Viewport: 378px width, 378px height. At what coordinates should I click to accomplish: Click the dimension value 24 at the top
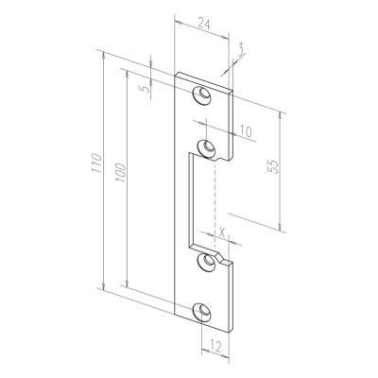tap(204, 25)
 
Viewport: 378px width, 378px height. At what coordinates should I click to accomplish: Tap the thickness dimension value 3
tap(241, 51)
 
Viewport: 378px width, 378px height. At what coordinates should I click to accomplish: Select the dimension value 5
tap(146, 89)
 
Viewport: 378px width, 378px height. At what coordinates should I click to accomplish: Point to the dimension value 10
tap(246, 131)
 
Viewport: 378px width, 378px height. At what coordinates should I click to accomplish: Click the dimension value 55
tap(273, 166)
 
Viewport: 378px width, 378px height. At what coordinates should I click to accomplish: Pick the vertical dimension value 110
tap(96, 163)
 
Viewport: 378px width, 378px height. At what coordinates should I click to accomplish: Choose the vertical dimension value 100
tap(121, 173)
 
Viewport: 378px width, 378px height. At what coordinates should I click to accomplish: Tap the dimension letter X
tap(222, 232)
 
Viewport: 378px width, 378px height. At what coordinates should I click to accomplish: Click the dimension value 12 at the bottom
tap(215, 347)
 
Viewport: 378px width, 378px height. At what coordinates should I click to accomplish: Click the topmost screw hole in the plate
tap(201, 94)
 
